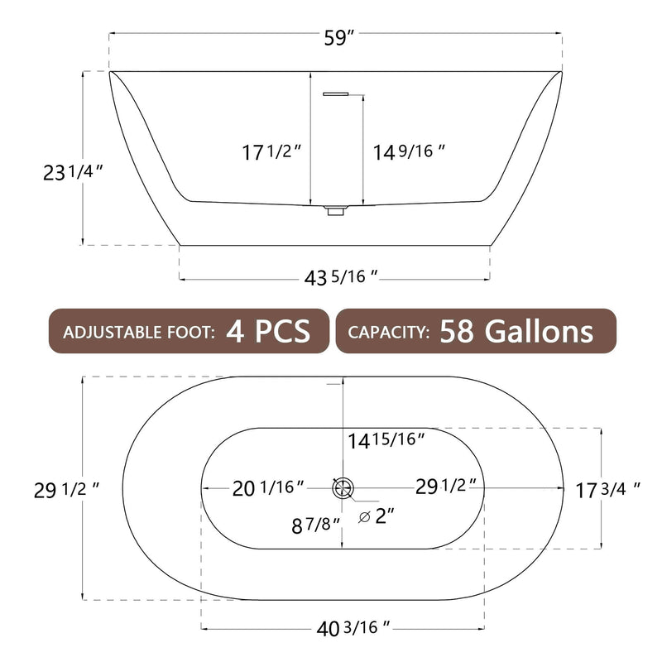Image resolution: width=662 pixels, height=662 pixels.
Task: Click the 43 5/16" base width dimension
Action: tap(341, 279)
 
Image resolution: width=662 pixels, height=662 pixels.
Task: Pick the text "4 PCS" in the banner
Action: tap(267, 332)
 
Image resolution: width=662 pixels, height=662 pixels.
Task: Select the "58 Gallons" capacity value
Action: tap(516, 332)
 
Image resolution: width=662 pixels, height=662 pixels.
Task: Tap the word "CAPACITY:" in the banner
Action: tap(388, 333)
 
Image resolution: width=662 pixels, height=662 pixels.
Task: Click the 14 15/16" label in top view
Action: tap(386, 440)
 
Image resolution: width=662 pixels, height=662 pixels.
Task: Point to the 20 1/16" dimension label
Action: tap(267, 488)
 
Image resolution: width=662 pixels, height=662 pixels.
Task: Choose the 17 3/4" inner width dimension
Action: tap(609, 489)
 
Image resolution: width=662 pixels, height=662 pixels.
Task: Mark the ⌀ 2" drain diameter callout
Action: tap(377, 517)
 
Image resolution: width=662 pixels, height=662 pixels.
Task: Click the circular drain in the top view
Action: tap(342, 488)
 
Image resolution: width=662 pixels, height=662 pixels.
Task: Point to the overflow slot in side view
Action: tap(334, 94)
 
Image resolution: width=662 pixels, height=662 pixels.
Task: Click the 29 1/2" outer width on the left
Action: tap(66, 489)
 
